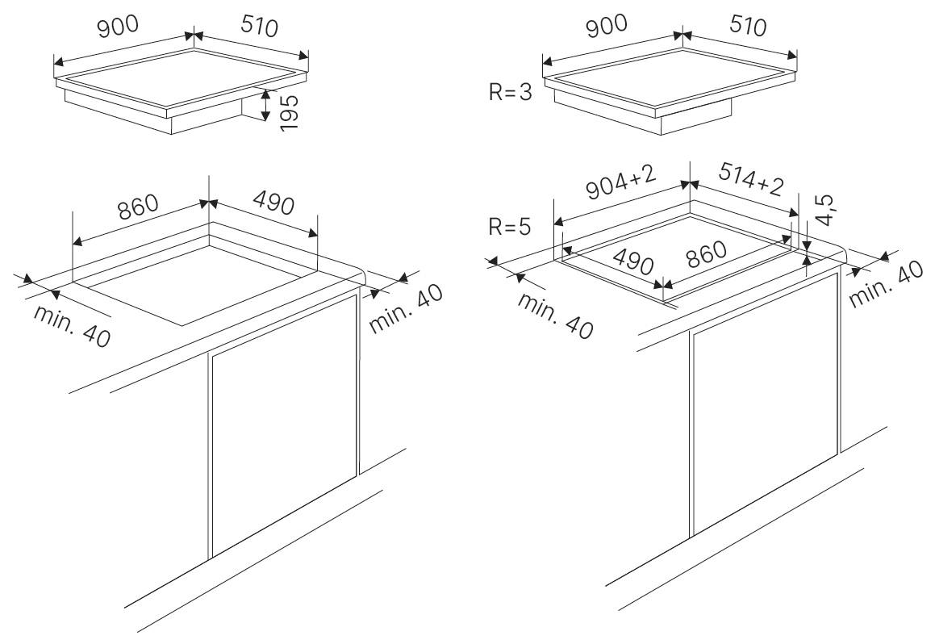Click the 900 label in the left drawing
(x=118, y=27)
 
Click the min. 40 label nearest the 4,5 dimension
(x=886, y=285)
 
